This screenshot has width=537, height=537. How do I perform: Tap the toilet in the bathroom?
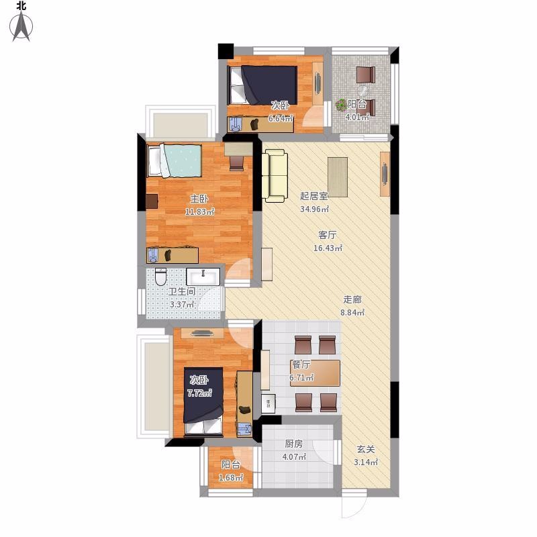pyautogui.click(x=160, y=277)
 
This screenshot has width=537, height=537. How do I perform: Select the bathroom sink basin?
pyautogui.click(x=203, y=277)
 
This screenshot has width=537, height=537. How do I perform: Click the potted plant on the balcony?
pyautogui.click(x=341, y=105)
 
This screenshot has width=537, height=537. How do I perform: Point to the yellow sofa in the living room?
pyautogui.click(x=275, y=176)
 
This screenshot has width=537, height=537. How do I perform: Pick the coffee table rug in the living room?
pyautogui.click(x=338, y=177)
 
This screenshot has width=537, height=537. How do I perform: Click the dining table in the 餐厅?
pyautogui.click(x=315, y=373)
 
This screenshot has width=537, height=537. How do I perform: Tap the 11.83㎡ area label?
pyautogui.click(x=199, y=211)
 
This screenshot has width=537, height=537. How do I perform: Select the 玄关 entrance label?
pyautogui.click(x=366, y=449)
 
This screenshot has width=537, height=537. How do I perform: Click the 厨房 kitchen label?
pyautogui.click(x=293, y=444)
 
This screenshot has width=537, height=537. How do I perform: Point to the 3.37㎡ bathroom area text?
pyautogui.click(x=182, y=304)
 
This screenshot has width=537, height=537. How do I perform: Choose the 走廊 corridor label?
pyautogui.click(x=352, y=299)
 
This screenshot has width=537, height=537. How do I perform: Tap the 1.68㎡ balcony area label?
pyautogui.click(x=231, y=477)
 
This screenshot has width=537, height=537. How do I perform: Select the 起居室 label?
pyautogui.click(x=313, y=196)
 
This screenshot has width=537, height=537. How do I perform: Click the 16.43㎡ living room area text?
pyautogui.click(x=328, y=248)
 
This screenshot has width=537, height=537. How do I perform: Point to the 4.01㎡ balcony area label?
pyautogui.click(x=357, y=117)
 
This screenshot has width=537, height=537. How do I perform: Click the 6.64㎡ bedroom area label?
pyautogui.click(x=281, y=119)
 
